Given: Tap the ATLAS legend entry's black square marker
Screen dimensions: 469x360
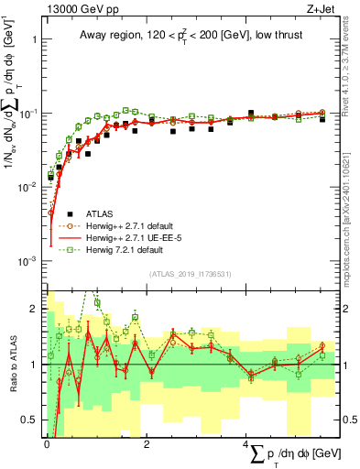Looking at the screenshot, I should tap(57, 212).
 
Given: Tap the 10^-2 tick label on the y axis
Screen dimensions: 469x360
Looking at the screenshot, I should tap(27, 187).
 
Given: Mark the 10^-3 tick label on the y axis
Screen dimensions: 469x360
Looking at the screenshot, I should tap(27, 261).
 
